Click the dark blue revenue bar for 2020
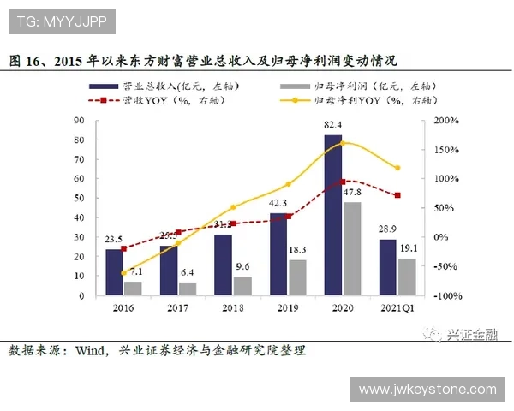pos(332,214)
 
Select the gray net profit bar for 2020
pos(351,248)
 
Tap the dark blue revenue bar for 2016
pos(114,272)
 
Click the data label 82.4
pos(334,126)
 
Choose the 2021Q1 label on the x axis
pos(397,306)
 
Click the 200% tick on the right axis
pos(445,121)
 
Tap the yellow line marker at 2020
pos(343,142)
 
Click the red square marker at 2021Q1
pos(397,195)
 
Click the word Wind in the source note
pos(91,351)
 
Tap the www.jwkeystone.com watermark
pos(427,389)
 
